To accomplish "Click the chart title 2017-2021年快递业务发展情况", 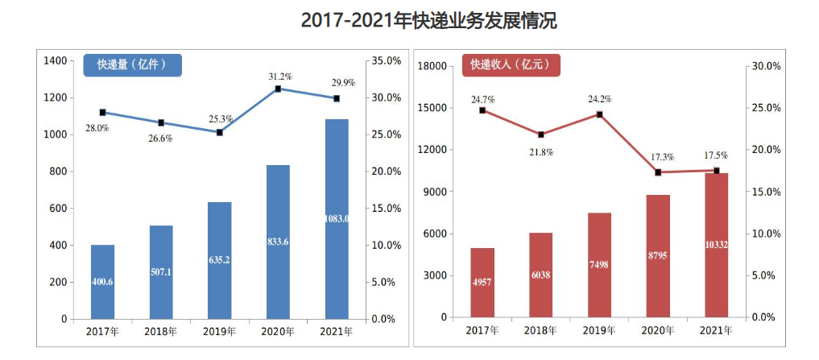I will click(428, 20).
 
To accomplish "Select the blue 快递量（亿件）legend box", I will click(133, 64).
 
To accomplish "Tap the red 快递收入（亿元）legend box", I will click(511, 64).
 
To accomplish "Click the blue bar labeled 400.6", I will click(102, 282).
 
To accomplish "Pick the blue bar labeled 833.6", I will click(278, 242).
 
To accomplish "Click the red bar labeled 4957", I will click(482, 283).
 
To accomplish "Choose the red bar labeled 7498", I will click(599, 265).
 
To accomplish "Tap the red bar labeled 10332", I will click(716, 245).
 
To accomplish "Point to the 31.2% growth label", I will click(279, 76).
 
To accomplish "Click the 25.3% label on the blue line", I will click(221, 119).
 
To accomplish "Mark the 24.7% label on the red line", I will click(482, 99).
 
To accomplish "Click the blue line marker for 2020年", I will click(278, 89).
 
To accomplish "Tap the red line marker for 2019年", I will click(599, 114).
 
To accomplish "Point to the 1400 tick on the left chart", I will click(56, 60).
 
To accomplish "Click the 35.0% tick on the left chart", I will click(387, 60).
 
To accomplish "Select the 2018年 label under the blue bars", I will click(161, 332).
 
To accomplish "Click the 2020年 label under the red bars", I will click(658, 330).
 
